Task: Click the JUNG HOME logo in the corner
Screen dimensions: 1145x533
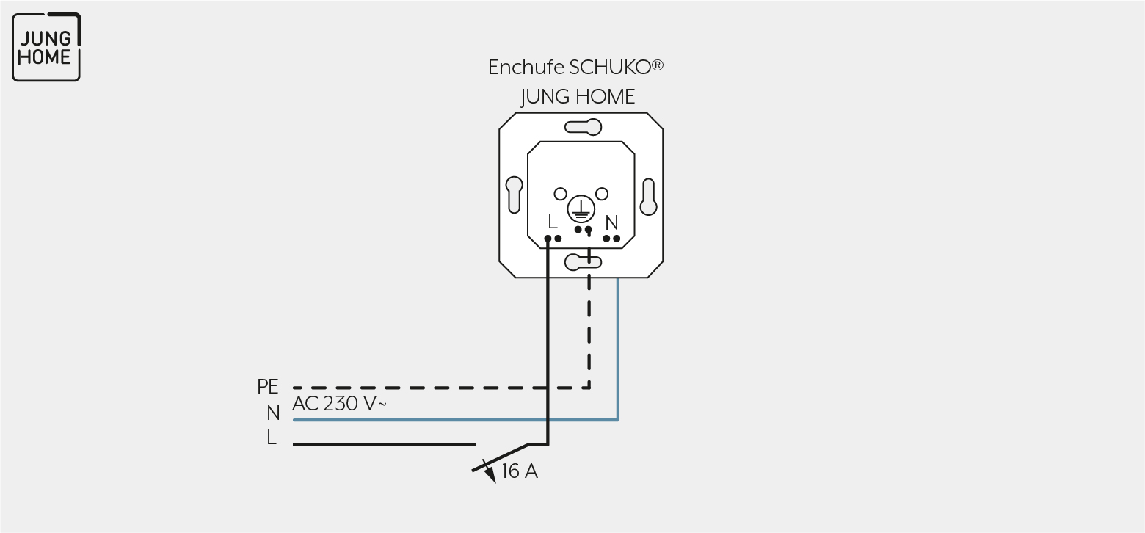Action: coord(46,47)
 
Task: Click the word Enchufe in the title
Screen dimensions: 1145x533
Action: coord(526,68)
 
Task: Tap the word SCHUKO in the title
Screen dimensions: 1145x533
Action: coord(609,68)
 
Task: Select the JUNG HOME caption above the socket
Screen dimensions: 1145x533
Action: coord(578,97)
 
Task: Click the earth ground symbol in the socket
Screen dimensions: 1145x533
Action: coord(581,209)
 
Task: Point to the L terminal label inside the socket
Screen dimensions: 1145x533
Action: coord(551,222)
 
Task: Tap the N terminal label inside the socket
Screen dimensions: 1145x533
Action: coord(611,222)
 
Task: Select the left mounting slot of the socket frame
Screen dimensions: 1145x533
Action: coord(515,195)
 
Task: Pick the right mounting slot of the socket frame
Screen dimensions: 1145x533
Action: coord(648,197)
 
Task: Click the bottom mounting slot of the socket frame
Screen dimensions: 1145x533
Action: coord(584,262)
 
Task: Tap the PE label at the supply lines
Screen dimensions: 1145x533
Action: coord(267,387)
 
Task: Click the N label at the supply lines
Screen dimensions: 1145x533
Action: coord(273,413)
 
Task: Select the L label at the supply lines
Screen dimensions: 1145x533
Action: coord(272,438)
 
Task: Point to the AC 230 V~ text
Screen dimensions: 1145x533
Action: coord(339,404)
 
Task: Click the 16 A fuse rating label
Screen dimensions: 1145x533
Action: coord(520,471)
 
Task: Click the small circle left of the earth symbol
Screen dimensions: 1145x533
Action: coord(560,194)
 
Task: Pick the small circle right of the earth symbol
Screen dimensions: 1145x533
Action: coord(602,194)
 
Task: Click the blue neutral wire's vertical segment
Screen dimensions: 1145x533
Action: coord(618,349)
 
